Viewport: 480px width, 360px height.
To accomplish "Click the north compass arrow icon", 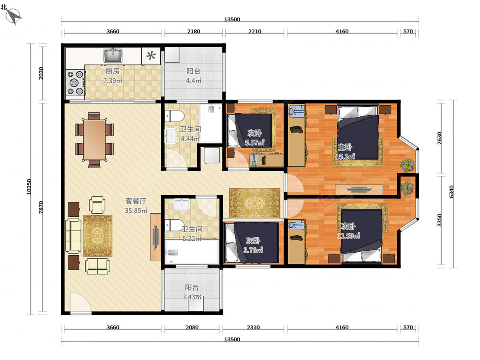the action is (x=14, y=16).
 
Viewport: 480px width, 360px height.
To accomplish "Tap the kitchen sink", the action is (x=113, y=55).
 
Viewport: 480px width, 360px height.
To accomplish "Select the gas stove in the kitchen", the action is (x=75, y=82).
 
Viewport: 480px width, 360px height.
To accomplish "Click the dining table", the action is (x=94, y=140).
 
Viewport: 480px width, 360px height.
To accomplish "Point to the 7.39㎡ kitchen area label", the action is (x=113, y=80).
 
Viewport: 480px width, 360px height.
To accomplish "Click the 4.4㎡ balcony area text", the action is (x=194, y=80).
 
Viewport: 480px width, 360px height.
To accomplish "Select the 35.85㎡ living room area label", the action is (x=136, y=210).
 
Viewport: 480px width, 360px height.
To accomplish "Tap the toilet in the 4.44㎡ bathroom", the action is (x=174, y=116).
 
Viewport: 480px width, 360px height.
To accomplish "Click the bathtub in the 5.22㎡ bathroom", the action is (x=192, y=252).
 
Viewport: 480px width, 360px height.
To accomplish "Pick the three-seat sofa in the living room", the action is (x=73, y=236).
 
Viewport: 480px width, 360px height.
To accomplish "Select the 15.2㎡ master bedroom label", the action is (x=345, y=156).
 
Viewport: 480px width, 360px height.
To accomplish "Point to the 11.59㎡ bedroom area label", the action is (x=348, y=236).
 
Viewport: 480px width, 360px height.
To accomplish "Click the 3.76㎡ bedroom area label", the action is (x=253, y=250).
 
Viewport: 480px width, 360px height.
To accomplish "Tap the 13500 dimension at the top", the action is (x=232, y=20).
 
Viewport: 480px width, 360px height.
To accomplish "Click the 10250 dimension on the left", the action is (x=29, y=187).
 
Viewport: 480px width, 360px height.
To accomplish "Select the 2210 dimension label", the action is (x=255, y=32).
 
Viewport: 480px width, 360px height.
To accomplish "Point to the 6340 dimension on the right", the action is (x=451, y=192).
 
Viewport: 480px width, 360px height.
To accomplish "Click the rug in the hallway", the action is (x=254, y=203).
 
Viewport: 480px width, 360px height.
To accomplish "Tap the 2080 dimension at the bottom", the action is (x=192, y=328).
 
